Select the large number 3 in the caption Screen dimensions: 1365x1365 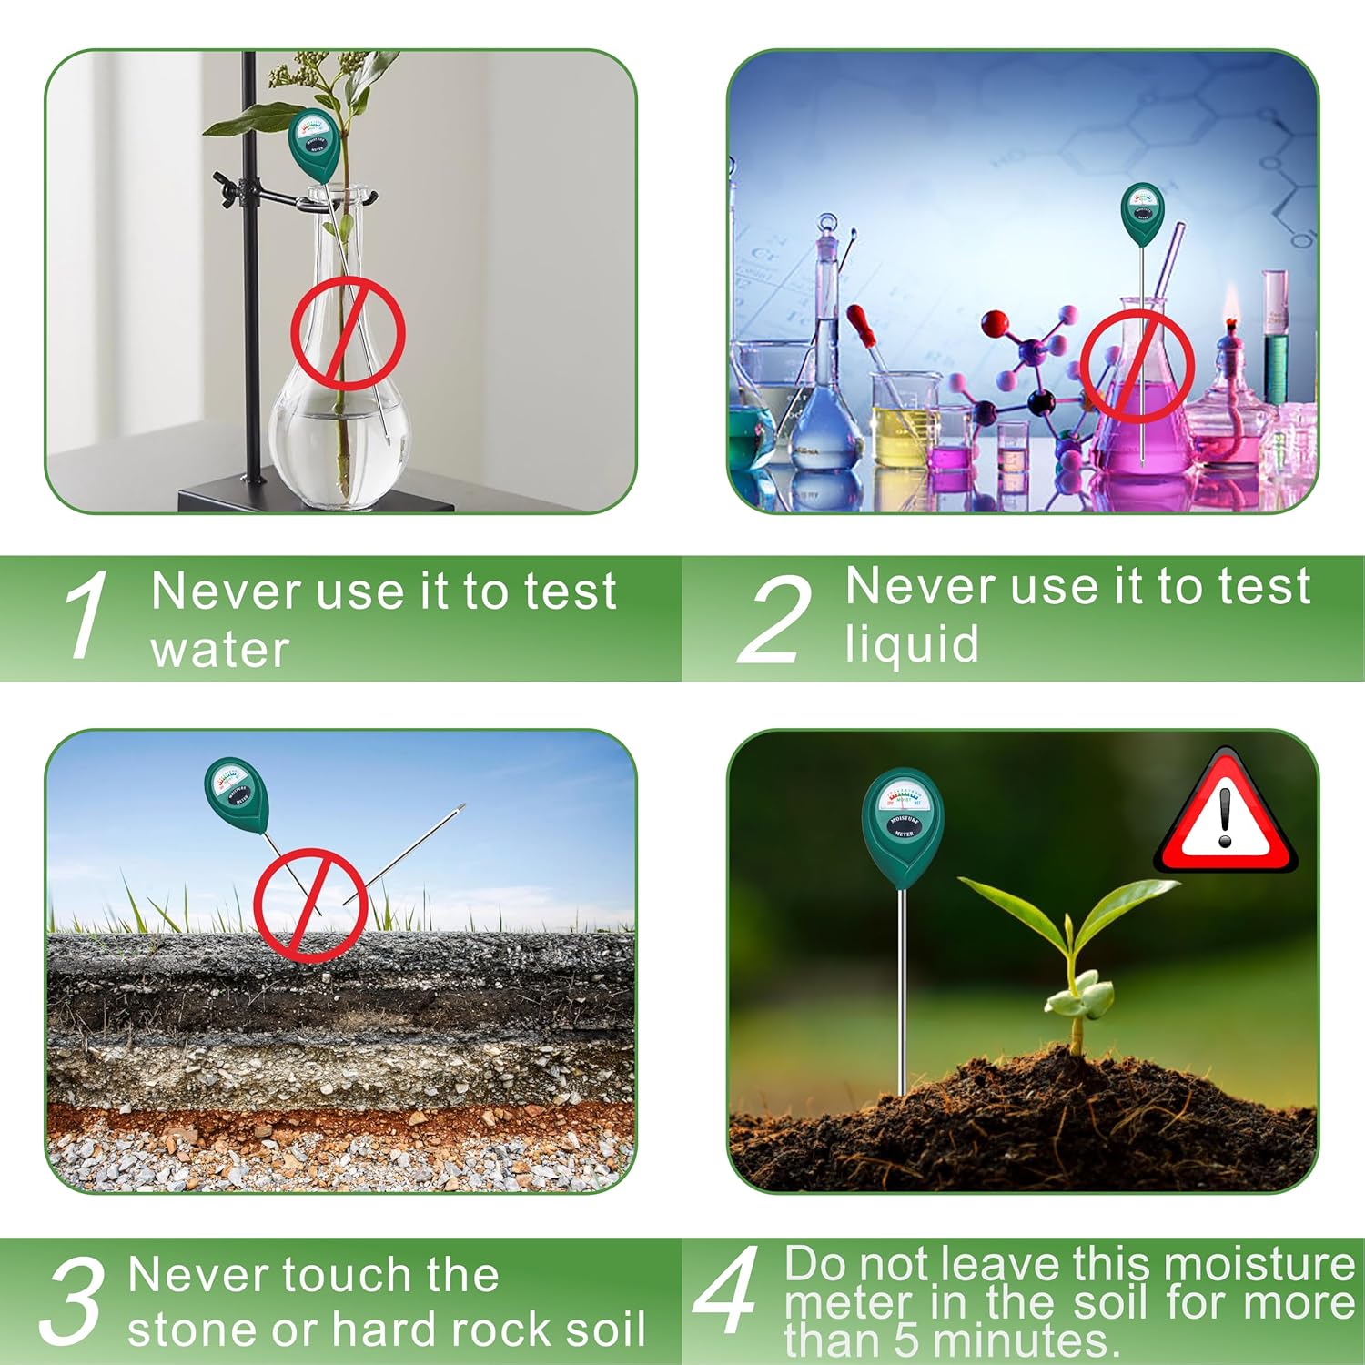click(x=71, y=1300)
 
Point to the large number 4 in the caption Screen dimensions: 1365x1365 click(x=725, y=1289)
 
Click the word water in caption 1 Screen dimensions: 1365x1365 click(x=220, y=650)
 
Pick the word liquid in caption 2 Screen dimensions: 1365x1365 click(x=912, y=643)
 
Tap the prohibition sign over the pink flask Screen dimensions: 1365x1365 click(x=1137, y=367)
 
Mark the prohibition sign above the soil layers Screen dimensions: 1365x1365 click(x=310, y=905)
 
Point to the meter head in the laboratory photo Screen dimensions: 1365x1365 click(x=1142, y=214)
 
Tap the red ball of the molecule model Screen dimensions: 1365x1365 click(x=996, y=323)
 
